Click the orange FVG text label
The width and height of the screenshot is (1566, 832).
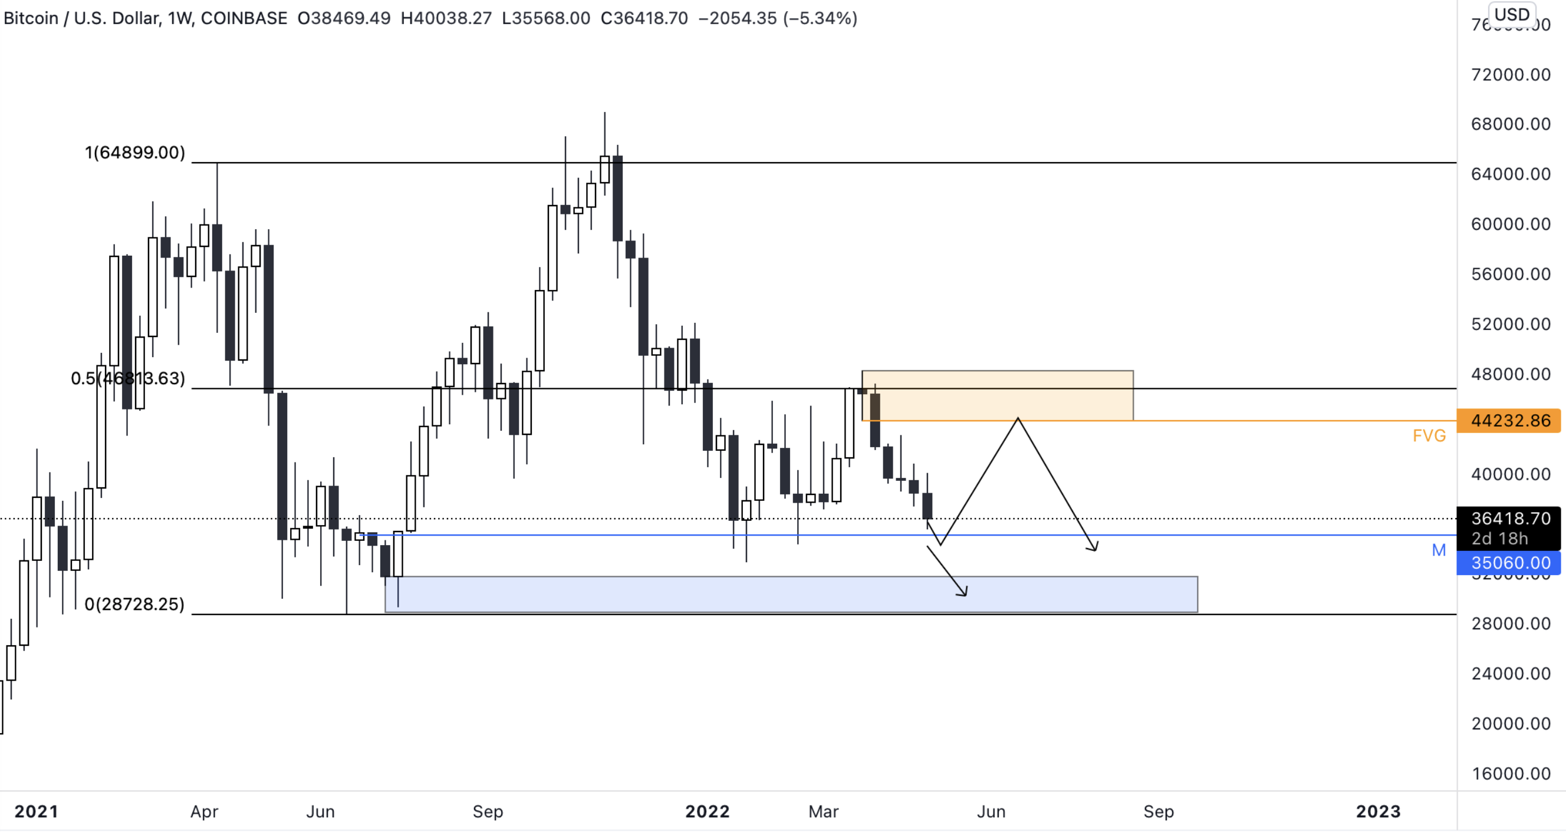pyautogui.click(x=1429, y=436)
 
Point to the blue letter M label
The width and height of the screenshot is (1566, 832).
pyautogui.click(x=1438, y=550)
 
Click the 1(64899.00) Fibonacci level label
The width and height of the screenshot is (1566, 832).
pyautogui.click(x=134, y=153)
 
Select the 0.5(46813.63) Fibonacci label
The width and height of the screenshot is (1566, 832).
pyautogui.click(x=128, y=379)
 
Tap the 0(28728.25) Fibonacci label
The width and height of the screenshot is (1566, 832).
pyautogui.click(x=134, y=604)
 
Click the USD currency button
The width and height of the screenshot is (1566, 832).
pyautogui.click(x=1511, y=15)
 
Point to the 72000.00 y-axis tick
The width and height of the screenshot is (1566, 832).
pyautogui.click(x=1510, y=75)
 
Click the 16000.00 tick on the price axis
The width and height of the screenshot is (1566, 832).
pyautogui.click(x=1510, y=773)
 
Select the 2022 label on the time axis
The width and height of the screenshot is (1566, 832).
pyautogui.click(x=707, y=811)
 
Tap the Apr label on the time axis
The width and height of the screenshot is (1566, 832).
pyautogui.click(x=204, y=811)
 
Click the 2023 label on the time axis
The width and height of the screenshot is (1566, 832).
pyautogui.click(x=1377, y=811)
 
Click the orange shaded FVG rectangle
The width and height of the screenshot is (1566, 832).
pyautogui.click(x=997, y=395)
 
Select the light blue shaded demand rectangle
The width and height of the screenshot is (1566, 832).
pyautogui.click(x=790, y=594)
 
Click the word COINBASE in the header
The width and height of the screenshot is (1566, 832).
pyautogui.click(x=244, y=18)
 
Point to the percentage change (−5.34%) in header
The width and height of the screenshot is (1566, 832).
pyautogui.click(x=820, y=18)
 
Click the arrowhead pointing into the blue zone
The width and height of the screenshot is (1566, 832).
pyautogui.click(x=964, y=593)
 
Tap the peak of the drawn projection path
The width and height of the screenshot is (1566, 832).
pyautogui.click(x=1018, y=420)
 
